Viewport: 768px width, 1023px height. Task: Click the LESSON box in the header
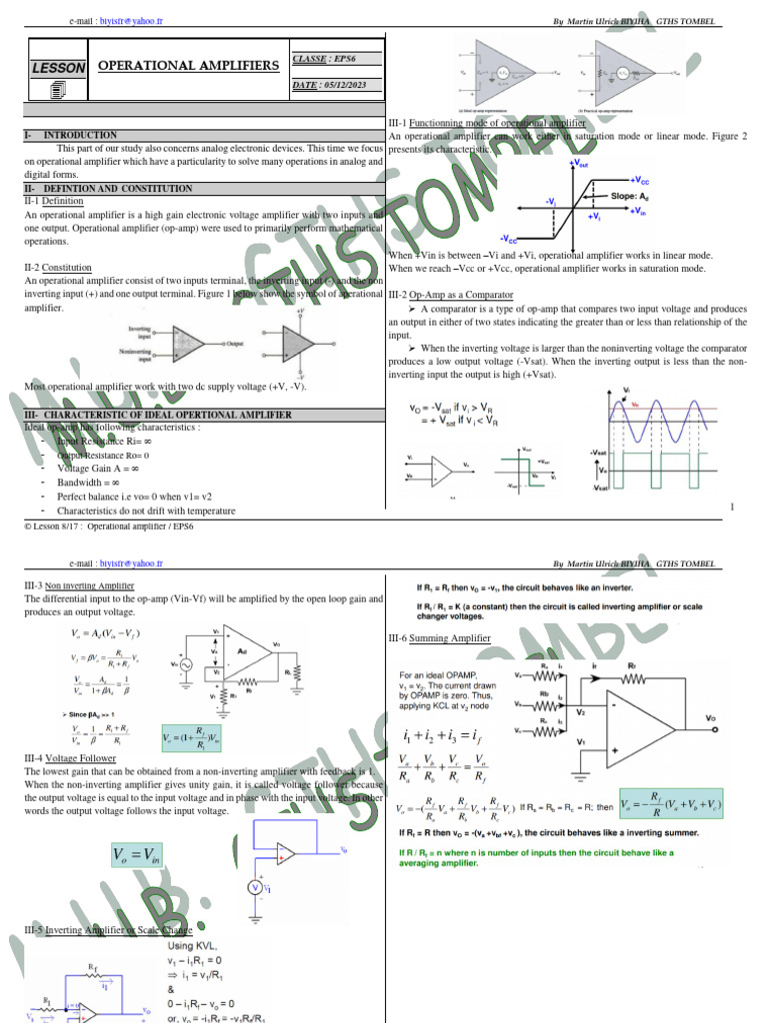point(58,67)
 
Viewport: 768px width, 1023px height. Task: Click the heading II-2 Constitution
point(58,268)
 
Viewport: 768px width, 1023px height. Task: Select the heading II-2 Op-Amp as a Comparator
point(450,296)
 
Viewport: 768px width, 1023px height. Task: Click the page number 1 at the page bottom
point(732,508)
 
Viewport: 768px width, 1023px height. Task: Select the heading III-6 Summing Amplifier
point(439,638)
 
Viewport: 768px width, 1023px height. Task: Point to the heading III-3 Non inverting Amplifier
point(79,585)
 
